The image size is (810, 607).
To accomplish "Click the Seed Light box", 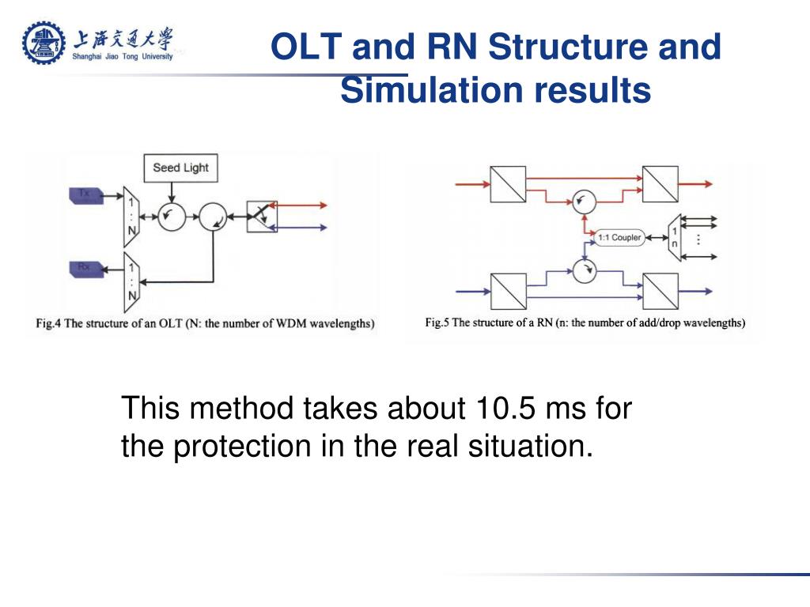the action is [x=180, y=168].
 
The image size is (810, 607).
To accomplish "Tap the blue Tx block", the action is [x=85, y=194].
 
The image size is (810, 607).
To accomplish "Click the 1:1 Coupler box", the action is [x=619, y=237].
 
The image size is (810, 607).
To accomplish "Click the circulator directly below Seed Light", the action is [x=170, y=216].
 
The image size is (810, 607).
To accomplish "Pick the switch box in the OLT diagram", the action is [x=261, y=216].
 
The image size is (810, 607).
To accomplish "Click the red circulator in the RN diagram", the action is [x=584, y=202].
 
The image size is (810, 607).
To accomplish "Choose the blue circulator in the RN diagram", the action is [x=584, y=273].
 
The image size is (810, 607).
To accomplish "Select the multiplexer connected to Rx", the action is [x=132, y=282].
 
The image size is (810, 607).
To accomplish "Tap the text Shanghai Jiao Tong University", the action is [x=123, y=56].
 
